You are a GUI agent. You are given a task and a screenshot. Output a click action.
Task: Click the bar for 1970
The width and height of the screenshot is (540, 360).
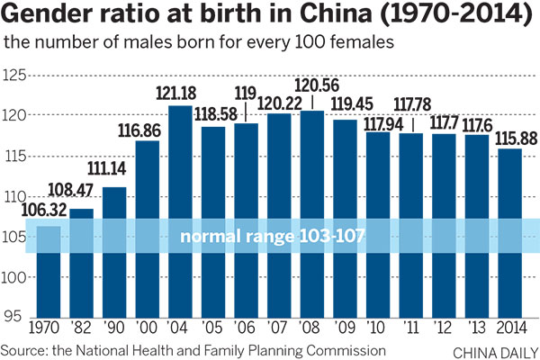click(x=48, y=270)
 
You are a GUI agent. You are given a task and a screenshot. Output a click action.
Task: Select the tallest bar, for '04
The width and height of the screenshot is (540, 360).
click(x=179, y=211)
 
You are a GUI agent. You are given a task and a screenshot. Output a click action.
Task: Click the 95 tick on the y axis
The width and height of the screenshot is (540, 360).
click(x=14, y=316)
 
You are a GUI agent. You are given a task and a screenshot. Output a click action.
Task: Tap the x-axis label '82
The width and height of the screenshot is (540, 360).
click(x=81, y=329)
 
